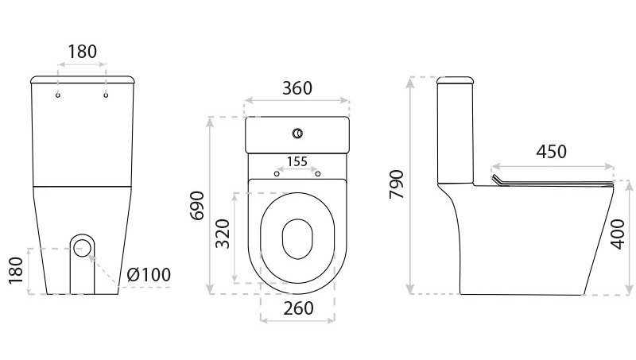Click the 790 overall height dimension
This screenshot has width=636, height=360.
pyautogui.click(x=397, y=184)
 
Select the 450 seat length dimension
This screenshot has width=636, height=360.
pyautogui.click(x=551, y=152)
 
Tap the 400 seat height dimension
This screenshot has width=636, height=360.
pyautogui.click(x=618, y=234)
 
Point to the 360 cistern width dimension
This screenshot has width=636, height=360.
pyautogui.click(x=297, y=88)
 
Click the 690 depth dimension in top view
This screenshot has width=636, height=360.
pyautogui.click(x=197, y=205)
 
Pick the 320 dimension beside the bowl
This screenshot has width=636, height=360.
pyautogui.click(x=223, y=234)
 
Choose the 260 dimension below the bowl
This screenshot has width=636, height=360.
pyautogui.click(x=299, y=308)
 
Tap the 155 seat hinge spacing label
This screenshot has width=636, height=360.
pyautogui.click(x=297, y=161)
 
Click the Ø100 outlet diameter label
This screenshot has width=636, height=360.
pyautogui.click(x=149, y=274)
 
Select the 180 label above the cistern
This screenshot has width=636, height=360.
pyautogui.click(x=83, y=52)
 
